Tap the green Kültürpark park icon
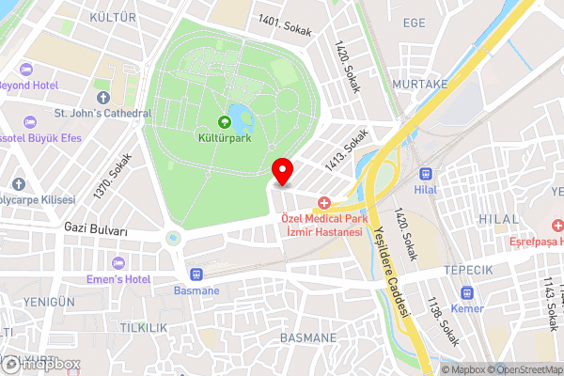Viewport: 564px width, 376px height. [x=225, y=121]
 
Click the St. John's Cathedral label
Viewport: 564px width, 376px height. [x=102, y=114]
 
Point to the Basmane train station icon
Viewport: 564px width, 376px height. [x=196, y=274]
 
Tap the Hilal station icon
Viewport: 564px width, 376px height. [x=427, y=174]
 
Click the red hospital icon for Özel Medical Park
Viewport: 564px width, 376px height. [x=324, y=202]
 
